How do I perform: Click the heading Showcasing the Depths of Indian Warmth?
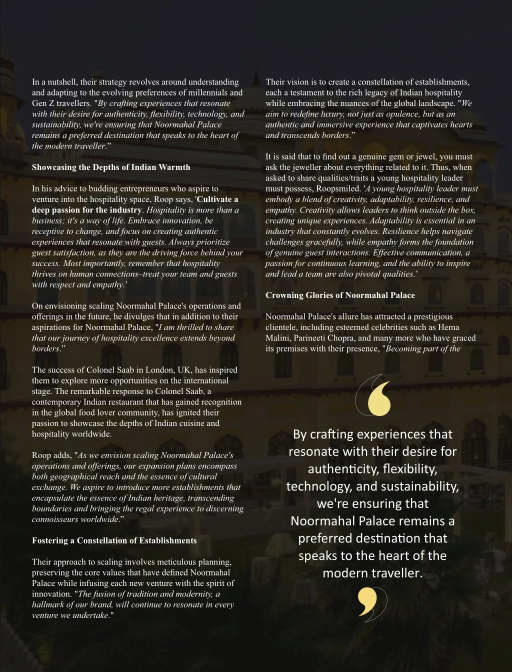(x=111, y=167)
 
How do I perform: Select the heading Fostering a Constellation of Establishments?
(x=114, y=540)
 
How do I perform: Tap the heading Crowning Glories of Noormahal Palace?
(x=340, y=295)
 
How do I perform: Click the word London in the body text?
(x=147, y=370)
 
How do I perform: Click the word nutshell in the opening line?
(x=60, y=82)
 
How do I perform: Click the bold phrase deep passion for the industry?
(x=87, y=210)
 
